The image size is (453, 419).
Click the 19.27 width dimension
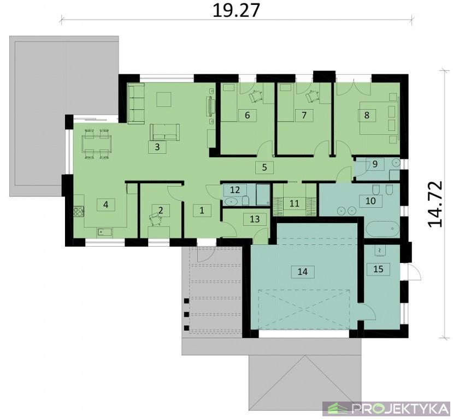tap(236, 11)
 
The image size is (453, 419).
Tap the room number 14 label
tap(303, 272)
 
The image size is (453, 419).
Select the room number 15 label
tap(378, 269)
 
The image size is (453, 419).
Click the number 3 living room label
tap(157, 147)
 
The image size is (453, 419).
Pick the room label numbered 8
tap(367, 115)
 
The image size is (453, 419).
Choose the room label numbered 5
tap(264, 167)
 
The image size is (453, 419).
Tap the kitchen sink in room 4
tap(104, 231)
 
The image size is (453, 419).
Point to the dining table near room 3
tap(97, 143)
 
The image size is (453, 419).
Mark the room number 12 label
tap(235, 190)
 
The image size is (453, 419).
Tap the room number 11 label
tap(294, 203)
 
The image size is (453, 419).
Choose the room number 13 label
tap(255, 219)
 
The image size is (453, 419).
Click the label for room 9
tap(375, 164)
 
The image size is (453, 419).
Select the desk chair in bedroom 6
tap(255, 96)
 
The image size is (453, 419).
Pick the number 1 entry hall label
tap(202, 211)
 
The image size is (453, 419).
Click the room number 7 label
tap(304, 115)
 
